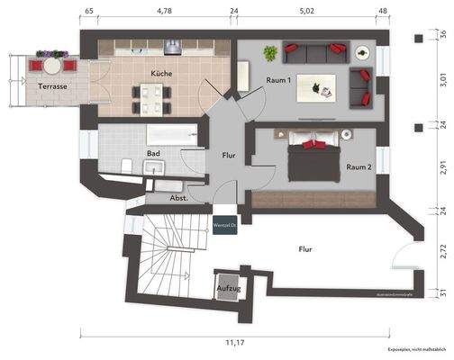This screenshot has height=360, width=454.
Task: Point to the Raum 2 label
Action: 360,166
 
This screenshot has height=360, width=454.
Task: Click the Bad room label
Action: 153,154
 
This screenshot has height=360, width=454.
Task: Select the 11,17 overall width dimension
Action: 235,343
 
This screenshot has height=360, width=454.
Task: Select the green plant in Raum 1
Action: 269,54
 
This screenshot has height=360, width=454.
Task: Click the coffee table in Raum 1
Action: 321,87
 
